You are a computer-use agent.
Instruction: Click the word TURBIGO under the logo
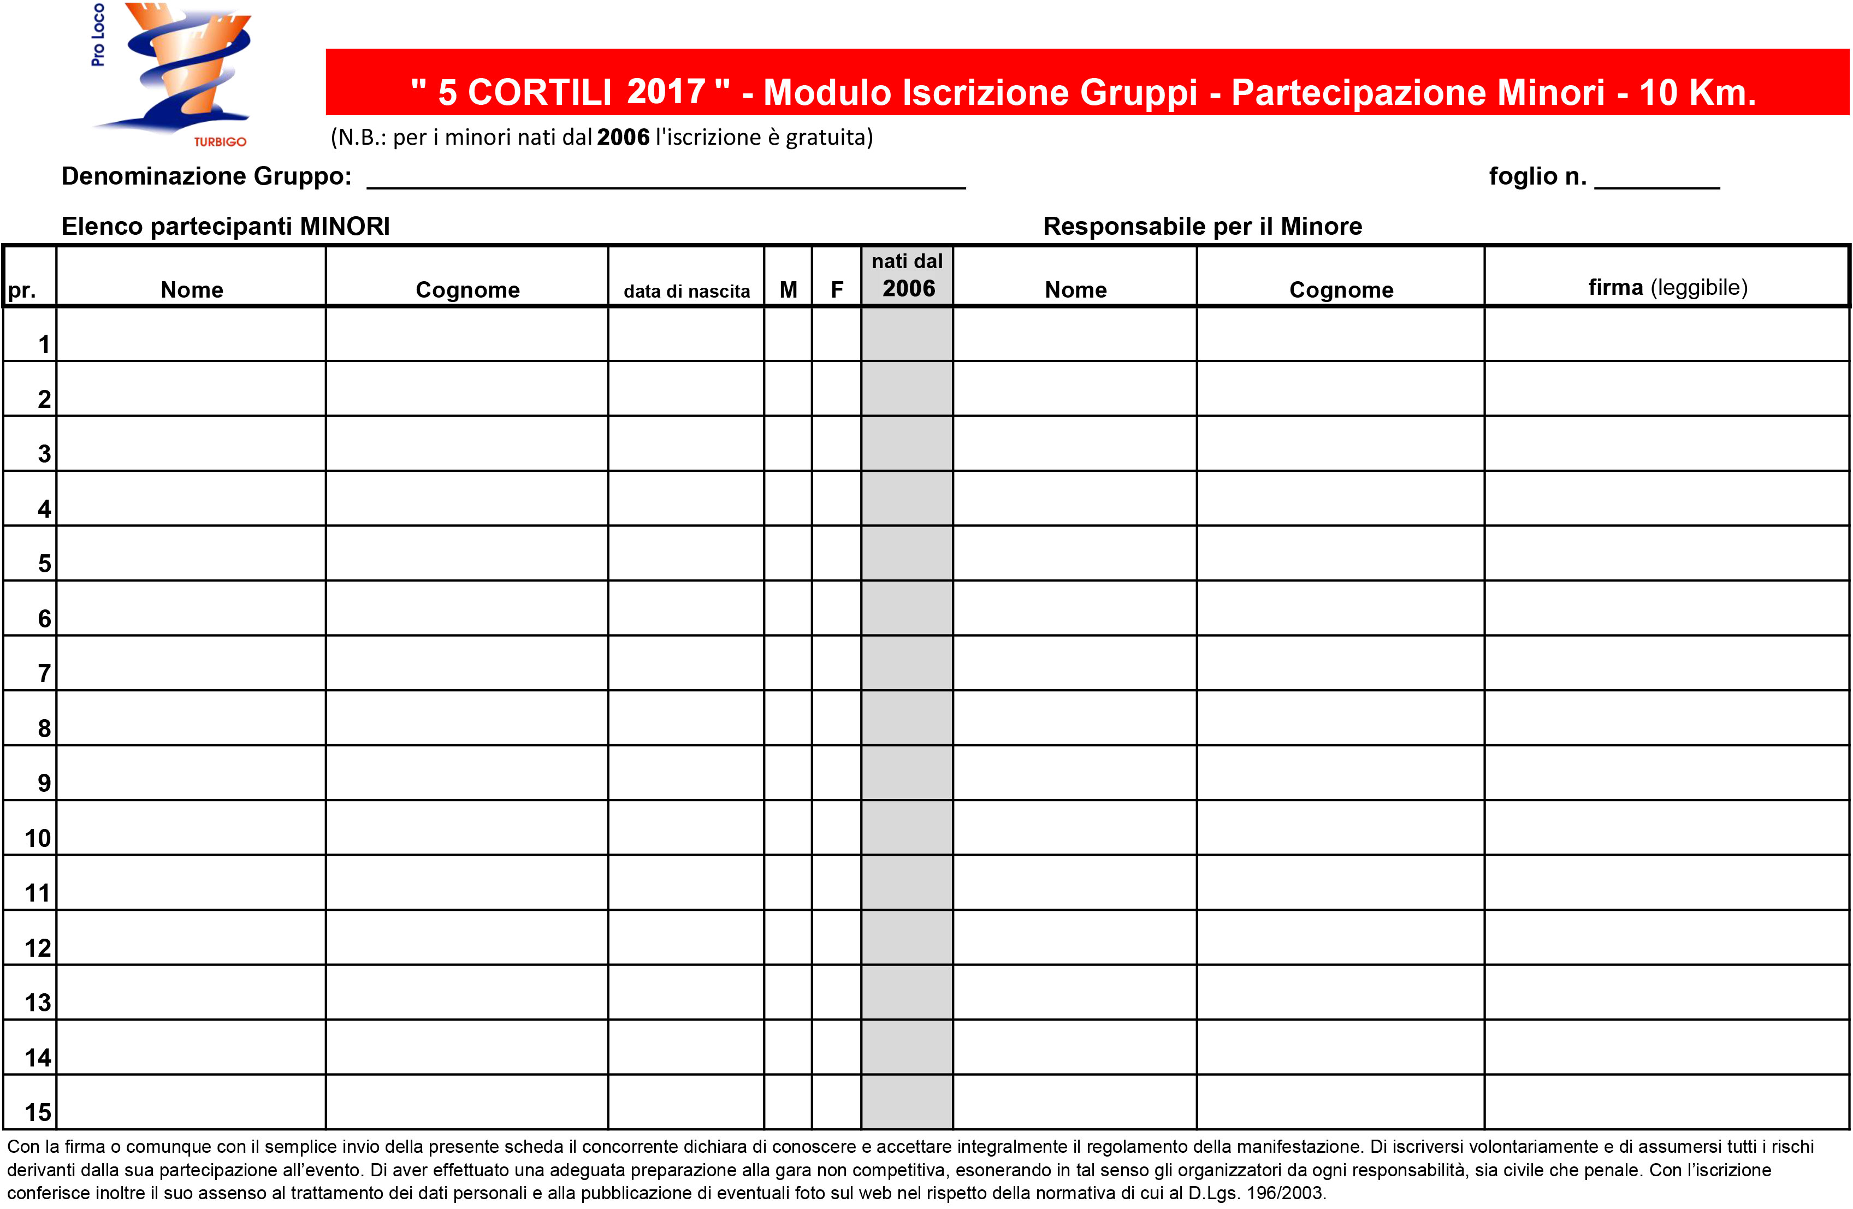[220, 141]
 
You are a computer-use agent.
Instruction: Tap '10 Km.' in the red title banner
[1697, 93]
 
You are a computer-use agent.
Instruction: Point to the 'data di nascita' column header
[686, 291]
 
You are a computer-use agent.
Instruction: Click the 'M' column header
[788, 289]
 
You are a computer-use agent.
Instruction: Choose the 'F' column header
[837, 289]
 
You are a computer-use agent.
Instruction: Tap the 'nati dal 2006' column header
[907, 276]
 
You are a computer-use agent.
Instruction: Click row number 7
[44, 673]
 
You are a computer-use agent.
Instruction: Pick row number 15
[37, 1112]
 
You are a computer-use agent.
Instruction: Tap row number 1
[44, 344]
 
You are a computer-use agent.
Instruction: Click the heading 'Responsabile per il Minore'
[1202, 227]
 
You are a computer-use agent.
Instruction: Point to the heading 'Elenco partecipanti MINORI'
[226, 227]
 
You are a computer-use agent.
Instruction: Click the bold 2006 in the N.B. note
[623, 137]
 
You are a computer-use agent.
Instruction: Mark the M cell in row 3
[788, 443]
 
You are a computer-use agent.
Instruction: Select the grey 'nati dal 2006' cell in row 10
[907, 827]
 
